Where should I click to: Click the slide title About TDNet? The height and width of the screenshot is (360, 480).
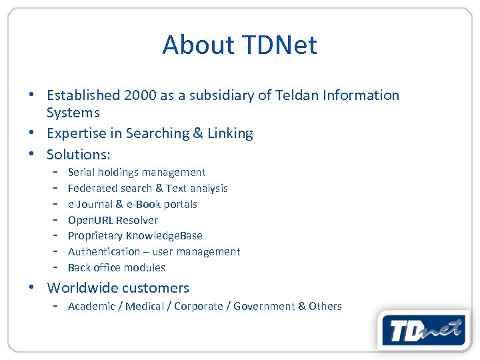(x=239, y=45)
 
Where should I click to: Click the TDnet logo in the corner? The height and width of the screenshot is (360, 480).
(x=423, y=330)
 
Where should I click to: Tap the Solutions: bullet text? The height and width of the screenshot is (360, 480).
(x=78, y=154)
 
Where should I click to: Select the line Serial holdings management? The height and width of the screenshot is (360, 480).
(x=137, y=173)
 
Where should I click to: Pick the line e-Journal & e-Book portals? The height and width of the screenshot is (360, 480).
(x=133, y=205)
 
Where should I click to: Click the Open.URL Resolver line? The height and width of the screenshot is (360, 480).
(x=113, y=220)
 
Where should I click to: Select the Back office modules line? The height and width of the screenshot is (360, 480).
(x=116, y=268)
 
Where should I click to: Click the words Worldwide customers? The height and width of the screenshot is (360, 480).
(x=118, y=288)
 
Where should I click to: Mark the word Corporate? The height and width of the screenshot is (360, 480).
(x=198, y=307)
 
